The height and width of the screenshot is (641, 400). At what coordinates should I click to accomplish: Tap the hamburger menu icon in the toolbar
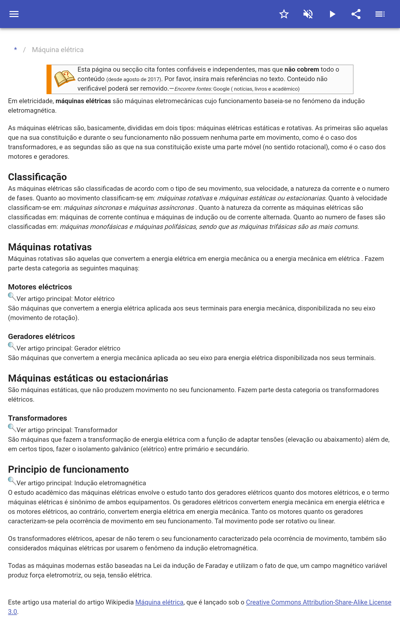coord(14,14)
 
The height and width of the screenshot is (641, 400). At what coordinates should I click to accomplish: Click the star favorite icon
coord(284,14)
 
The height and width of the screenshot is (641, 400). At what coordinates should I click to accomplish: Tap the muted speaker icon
coord(308,14)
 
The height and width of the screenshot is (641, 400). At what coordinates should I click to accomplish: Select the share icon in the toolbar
coord(356,14)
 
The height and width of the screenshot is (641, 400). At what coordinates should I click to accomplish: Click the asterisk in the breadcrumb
coord(15,50)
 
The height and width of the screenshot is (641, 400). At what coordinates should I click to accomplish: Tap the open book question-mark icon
coord(64,78)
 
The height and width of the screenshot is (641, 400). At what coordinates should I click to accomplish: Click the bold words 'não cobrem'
coord(301,69)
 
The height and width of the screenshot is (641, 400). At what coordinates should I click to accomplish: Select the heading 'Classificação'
coord(37,177)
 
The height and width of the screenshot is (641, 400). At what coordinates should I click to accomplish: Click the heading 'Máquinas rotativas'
coord(50,247)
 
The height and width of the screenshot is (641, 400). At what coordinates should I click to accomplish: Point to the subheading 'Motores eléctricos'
coord(40,287)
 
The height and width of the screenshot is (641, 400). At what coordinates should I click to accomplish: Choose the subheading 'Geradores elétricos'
coord(41,336)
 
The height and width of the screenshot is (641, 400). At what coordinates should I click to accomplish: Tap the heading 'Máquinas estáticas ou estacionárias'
coord(88,378)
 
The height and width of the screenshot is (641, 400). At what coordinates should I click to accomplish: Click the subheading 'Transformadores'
coord(37,418)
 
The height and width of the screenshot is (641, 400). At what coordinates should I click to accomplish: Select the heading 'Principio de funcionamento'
coord(68,469)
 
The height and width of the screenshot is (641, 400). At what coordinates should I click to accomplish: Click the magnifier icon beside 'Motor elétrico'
coord(12,297)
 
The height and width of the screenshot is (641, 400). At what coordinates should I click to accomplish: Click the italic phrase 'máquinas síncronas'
coord(93,208)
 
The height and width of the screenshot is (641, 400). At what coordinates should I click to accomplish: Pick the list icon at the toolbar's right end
coord(380,14)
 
